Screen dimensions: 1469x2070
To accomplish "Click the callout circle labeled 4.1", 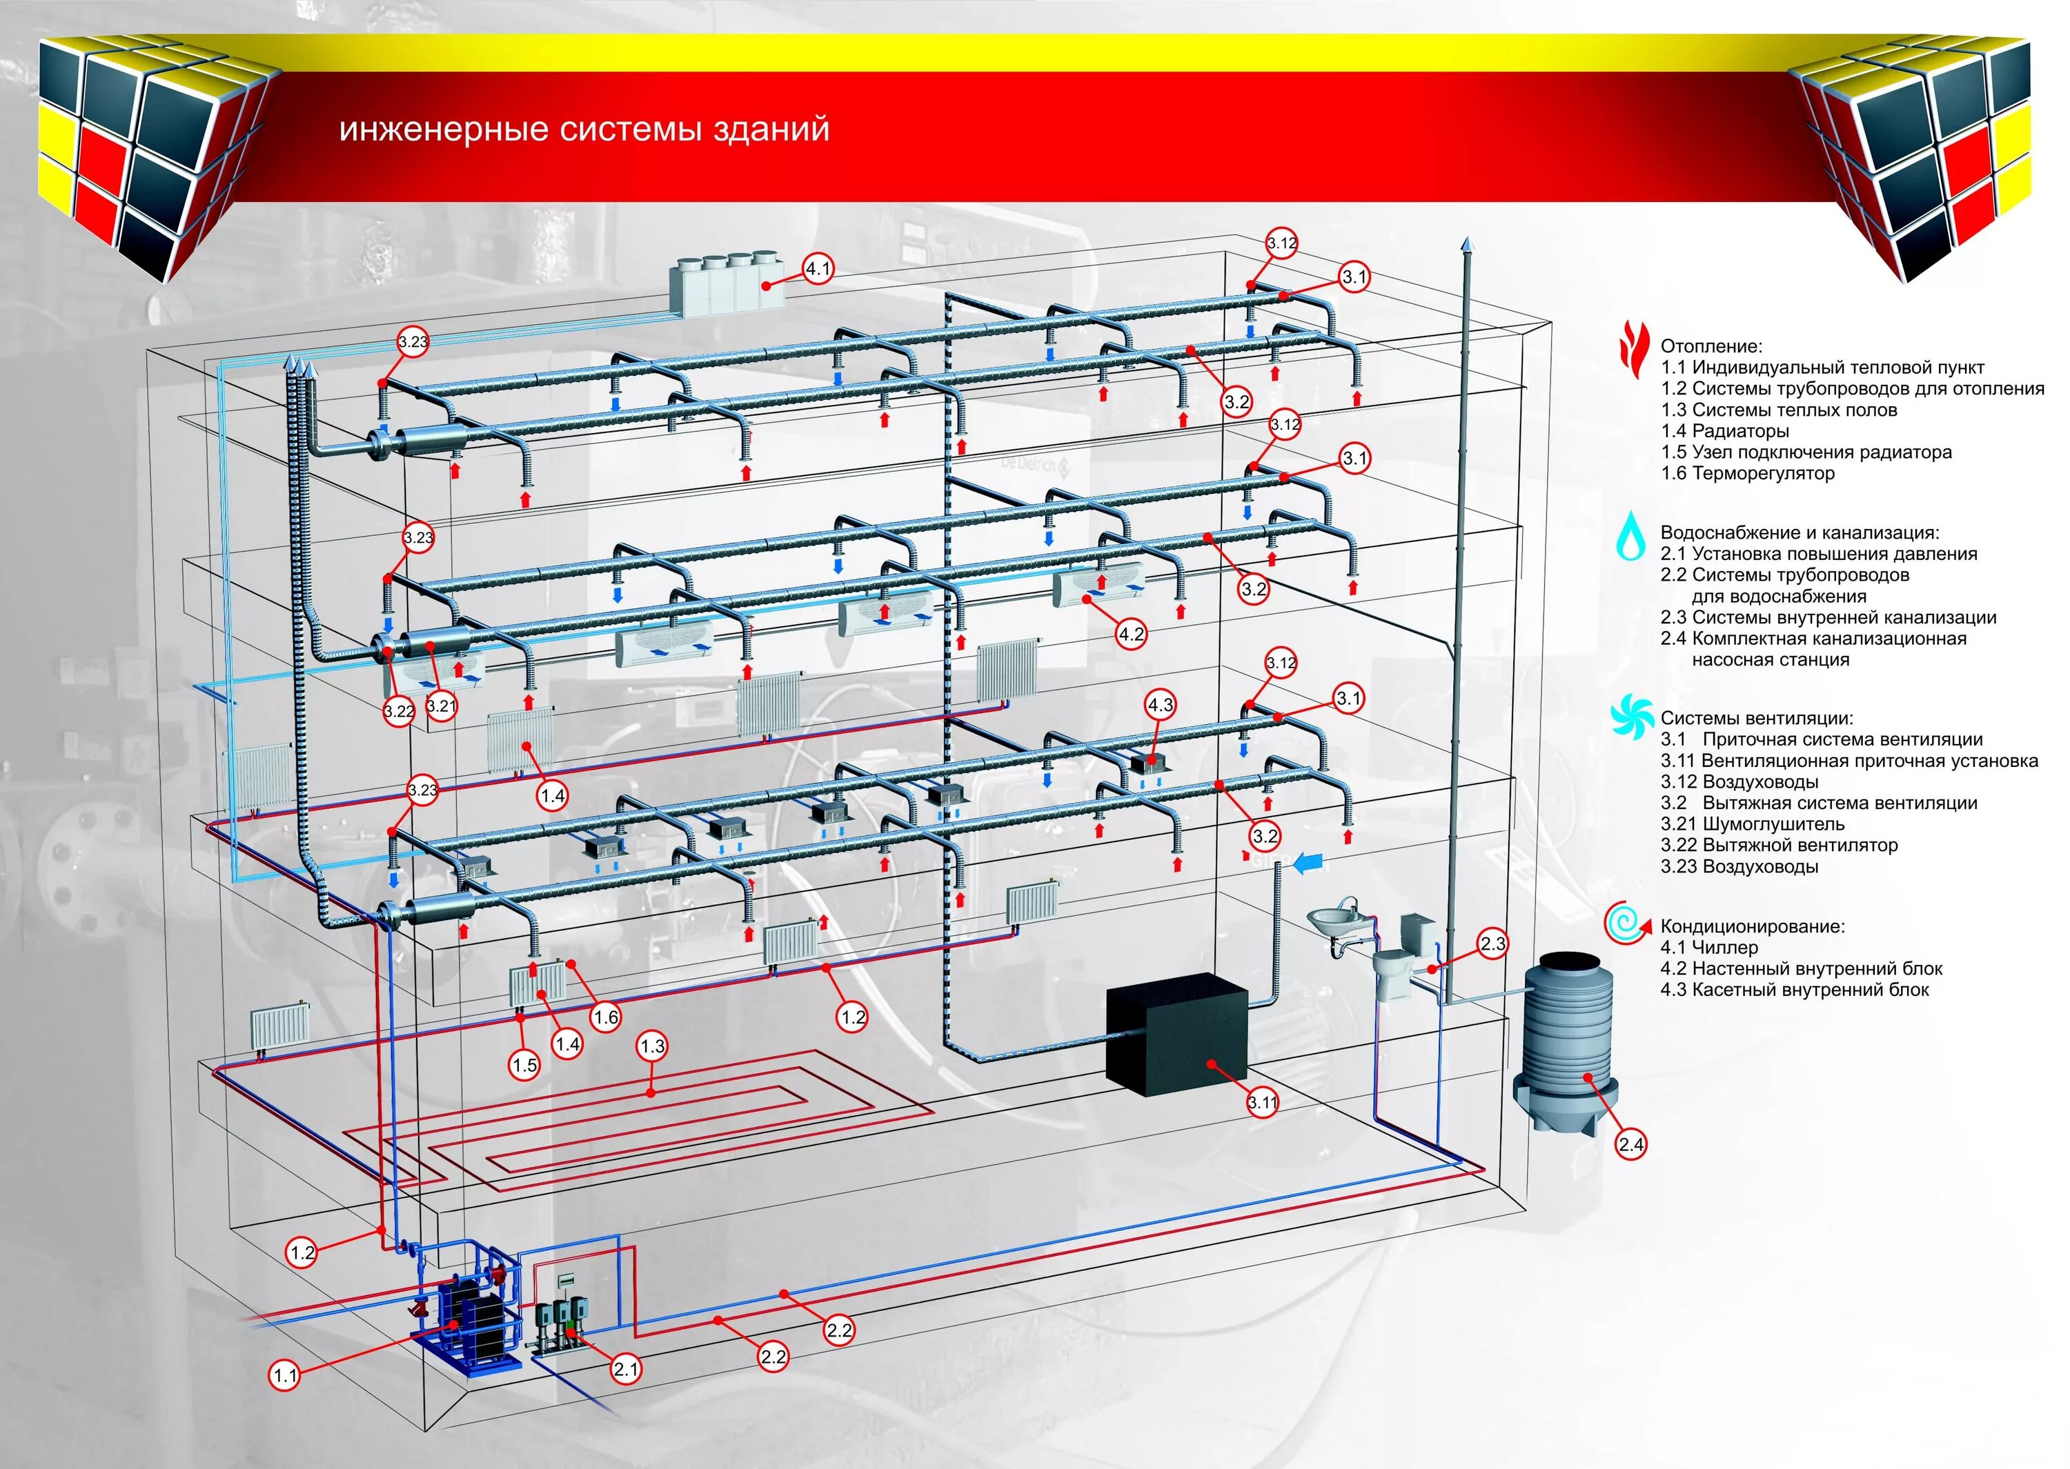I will pos(818,269).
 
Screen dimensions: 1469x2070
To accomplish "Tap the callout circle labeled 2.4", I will pos(1630,1144).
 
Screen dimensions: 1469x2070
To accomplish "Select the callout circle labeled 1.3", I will pos(651,1046).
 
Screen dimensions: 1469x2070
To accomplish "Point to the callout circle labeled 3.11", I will pos(1262,1103).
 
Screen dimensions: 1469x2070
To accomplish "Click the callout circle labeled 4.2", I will pos(1131,634).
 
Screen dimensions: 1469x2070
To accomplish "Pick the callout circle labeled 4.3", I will pos(1160,705).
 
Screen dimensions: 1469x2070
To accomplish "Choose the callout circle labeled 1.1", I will pos(285,1376).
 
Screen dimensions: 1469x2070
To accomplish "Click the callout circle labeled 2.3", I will pos(1492,944).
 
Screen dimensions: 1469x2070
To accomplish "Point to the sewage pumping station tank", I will pos(1567,1040).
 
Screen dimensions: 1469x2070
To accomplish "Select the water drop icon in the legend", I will pos(1631,537).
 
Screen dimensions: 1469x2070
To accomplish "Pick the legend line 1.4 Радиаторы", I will pos(1724,430).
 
